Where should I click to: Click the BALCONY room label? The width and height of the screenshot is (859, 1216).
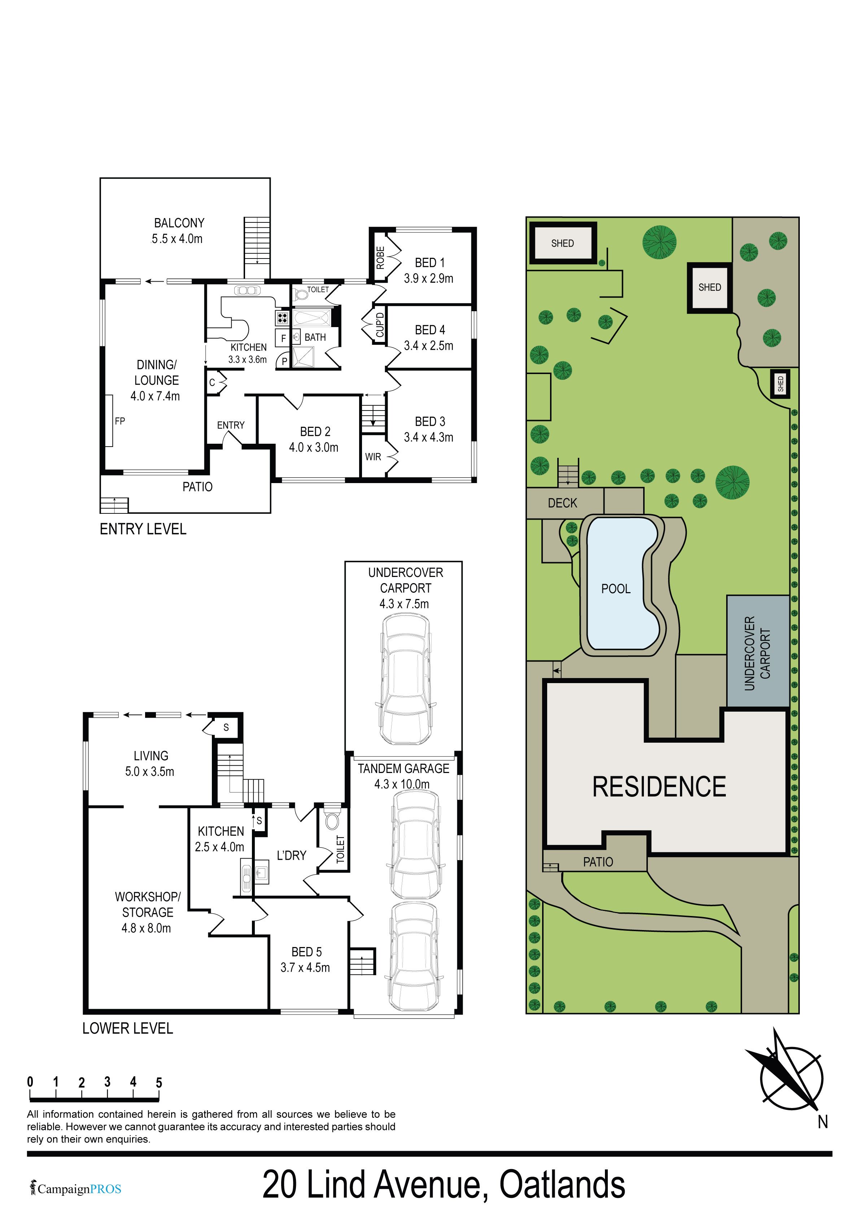coord(179,223)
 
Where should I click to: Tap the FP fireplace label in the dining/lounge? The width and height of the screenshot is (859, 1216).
coord(120,421)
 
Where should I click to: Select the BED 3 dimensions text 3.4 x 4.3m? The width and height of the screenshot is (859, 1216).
coord(428,438)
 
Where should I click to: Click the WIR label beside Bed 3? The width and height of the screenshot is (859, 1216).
coord(373,456)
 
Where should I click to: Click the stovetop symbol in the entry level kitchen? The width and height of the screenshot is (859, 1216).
coord(282,318)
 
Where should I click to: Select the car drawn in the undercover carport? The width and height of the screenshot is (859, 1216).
coord(405,679)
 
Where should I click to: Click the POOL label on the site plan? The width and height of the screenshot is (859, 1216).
coord(616,589)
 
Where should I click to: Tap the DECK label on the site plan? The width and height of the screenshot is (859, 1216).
coord(562,503)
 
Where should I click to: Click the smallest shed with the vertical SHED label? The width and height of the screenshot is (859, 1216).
coord(780,383)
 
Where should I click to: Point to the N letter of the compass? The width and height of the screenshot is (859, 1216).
coord(823,1122)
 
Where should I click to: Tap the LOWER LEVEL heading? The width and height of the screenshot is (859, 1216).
coord(128,1029)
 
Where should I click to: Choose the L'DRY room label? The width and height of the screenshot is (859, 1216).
coord(291,855)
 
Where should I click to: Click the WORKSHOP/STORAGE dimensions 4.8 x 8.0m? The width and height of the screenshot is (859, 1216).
coord(146,928)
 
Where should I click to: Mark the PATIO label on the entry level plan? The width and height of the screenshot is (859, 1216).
coord(197,487)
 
